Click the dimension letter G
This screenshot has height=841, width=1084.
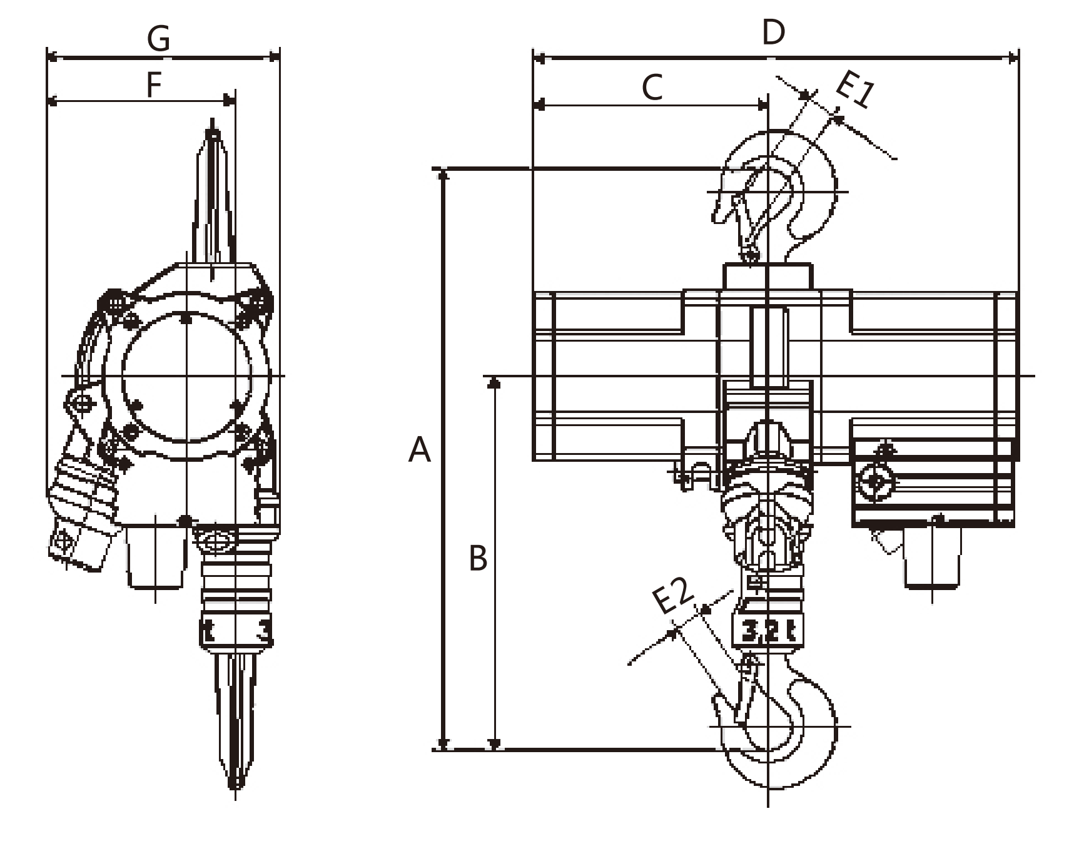(x=158, y=39)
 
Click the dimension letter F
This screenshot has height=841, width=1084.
(x=153, y=86)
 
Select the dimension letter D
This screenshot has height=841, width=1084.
(x=773, y=33)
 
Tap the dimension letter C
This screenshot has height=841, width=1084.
(x=652, y=87)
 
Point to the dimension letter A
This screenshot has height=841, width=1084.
(x=419, y=450)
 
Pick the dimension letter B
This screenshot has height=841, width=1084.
(x=478, y=558)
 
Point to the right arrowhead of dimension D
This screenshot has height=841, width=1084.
(x=1014, y=59)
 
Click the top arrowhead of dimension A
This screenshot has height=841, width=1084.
(x=443, y=174)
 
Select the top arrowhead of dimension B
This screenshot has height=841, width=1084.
(x=494, y=382)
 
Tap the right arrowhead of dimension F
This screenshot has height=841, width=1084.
(x=230, y=101)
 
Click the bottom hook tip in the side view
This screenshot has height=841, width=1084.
(x=235, y=782)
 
